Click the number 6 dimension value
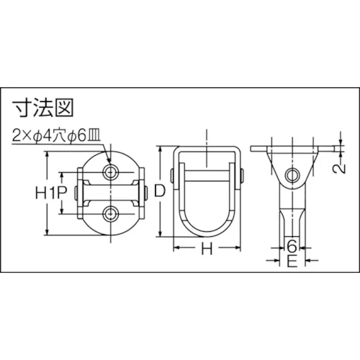(292, 246)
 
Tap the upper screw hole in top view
(110, 172)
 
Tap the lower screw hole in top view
(110, 215)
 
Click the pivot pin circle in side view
(292, 175)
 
